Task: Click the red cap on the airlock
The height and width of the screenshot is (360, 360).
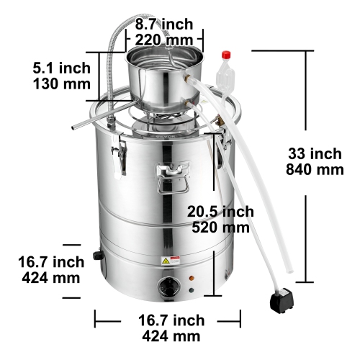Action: [225, 53]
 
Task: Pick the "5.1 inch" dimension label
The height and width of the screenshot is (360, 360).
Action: [61, 68]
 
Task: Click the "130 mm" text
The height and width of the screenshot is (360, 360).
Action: [61, 84]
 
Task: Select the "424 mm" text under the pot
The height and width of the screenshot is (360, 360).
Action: [170, 336]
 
